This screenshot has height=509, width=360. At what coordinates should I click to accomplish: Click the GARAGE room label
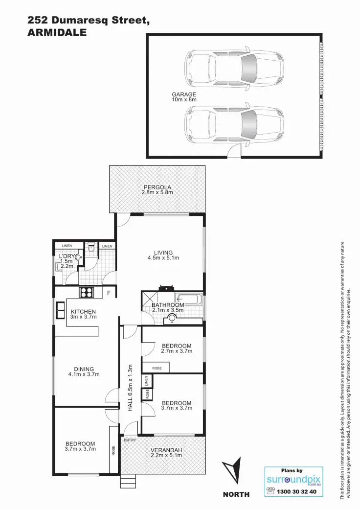tap(183, 94)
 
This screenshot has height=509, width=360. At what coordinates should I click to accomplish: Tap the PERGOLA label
tap(157, 187)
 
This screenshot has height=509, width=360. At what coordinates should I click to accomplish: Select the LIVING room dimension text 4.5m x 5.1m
tap(163, 258)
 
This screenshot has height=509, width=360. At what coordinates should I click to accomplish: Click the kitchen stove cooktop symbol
tap(87, 293)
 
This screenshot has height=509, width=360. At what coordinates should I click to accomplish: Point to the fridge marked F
tap(109, 293)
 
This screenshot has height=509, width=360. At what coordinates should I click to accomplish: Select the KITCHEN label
tap(83, 312)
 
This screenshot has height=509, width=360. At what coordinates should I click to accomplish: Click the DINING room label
tap(84, 370)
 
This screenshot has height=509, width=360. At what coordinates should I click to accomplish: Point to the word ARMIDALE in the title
tap(57, 33)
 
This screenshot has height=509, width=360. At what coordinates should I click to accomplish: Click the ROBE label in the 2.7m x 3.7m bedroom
tap(157, 367)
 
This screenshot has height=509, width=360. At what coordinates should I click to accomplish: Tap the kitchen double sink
tap(60, 309)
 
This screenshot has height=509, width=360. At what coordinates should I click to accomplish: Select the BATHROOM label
tap(167, 305)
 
